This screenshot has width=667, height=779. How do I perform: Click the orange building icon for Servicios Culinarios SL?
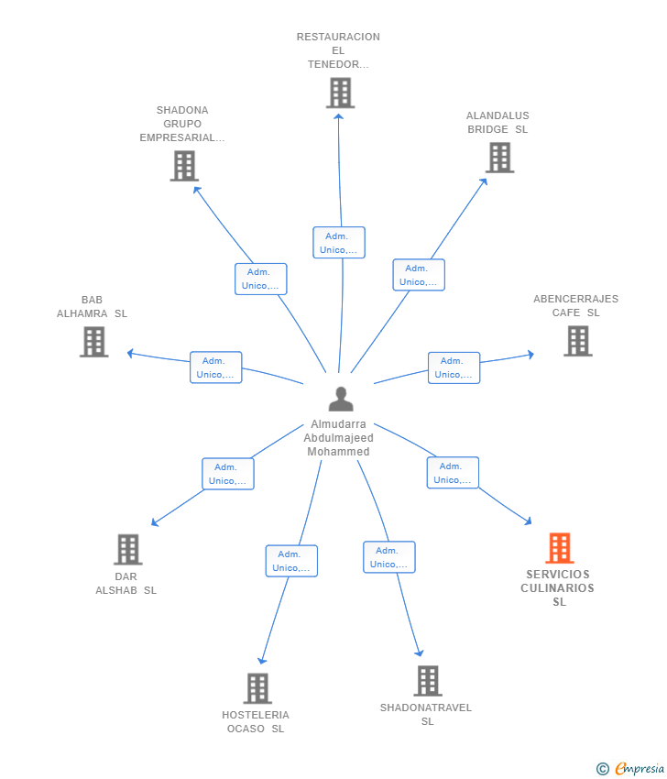coord(560,548)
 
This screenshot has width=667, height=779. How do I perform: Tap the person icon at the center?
coord(341,399)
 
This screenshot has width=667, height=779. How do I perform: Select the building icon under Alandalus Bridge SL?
coord(499,158)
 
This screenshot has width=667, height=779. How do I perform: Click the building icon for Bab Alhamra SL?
coord(93,342)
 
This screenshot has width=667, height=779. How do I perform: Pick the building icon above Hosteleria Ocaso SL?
coord(257,688)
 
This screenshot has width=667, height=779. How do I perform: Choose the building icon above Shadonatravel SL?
coord(428,681)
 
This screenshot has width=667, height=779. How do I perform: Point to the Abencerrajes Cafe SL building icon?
coord(578,341)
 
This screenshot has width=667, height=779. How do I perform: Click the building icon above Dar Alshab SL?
coord(128,550)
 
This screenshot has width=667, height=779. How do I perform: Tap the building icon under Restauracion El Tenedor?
coord(340,93)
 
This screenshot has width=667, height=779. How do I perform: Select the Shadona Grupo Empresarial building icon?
coord(184,166)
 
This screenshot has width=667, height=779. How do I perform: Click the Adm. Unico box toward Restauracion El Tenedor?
coord(339,243)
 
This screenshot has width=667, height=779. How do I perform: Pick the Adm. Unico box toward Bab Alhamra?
coord(215,368)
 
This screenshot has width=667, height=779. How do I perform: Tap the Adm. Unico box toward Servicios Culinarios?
coord(453,473)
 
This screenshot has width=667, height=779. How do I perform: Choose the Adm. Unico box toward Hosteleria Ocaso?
coord(291,561)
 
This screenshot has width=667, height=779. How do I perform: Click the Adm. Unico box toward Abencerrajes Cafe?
coord(454,368)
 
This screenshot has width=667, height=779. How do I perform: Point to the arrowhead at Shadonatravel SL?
coord(420,653)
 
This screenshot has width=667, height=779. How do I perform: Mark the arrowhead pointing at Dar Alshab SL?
coord(155,522)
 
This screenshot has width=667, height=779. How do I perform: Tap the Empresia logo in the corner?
coord(630,769)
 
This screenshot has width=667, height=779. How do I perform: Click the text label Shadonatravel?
coord(426,708)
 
